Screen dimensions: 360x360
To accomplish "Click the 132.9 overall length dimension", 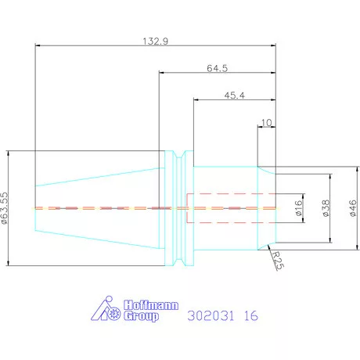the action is tap(156, 41).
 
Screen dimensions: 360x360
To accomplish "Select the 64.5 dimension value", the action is tap(218, 68).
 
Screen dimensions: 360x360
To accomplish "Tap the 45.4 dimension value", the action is tap(235, 95).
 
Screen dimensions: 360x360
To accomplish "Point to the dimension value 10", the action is tap(266, 123).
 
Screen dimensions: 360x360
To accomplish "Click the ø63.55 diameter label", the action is tap(5, 208).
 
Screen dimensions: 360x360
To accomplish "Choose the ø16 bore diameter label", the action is tap(299, 208).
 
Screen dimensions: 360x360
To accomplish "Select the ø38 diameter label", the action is tap(326, 208).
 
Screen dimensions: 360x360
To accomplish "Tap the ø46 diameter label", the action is tap(353, 208).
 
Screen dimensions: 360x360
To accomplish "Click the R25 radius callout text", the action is tap(277, 260).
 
